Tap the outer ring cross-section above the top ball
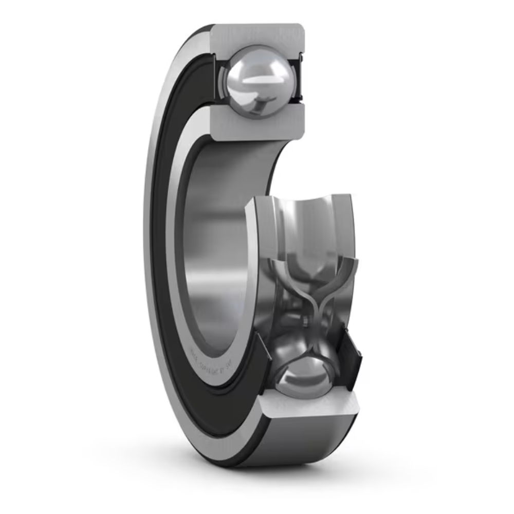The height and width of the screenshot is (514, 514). click(257, 35)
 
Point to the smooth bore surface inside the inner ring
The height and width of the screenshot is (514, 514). click(216, 247)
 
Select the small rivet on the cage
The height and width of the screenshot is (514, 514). click(305, 322)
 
